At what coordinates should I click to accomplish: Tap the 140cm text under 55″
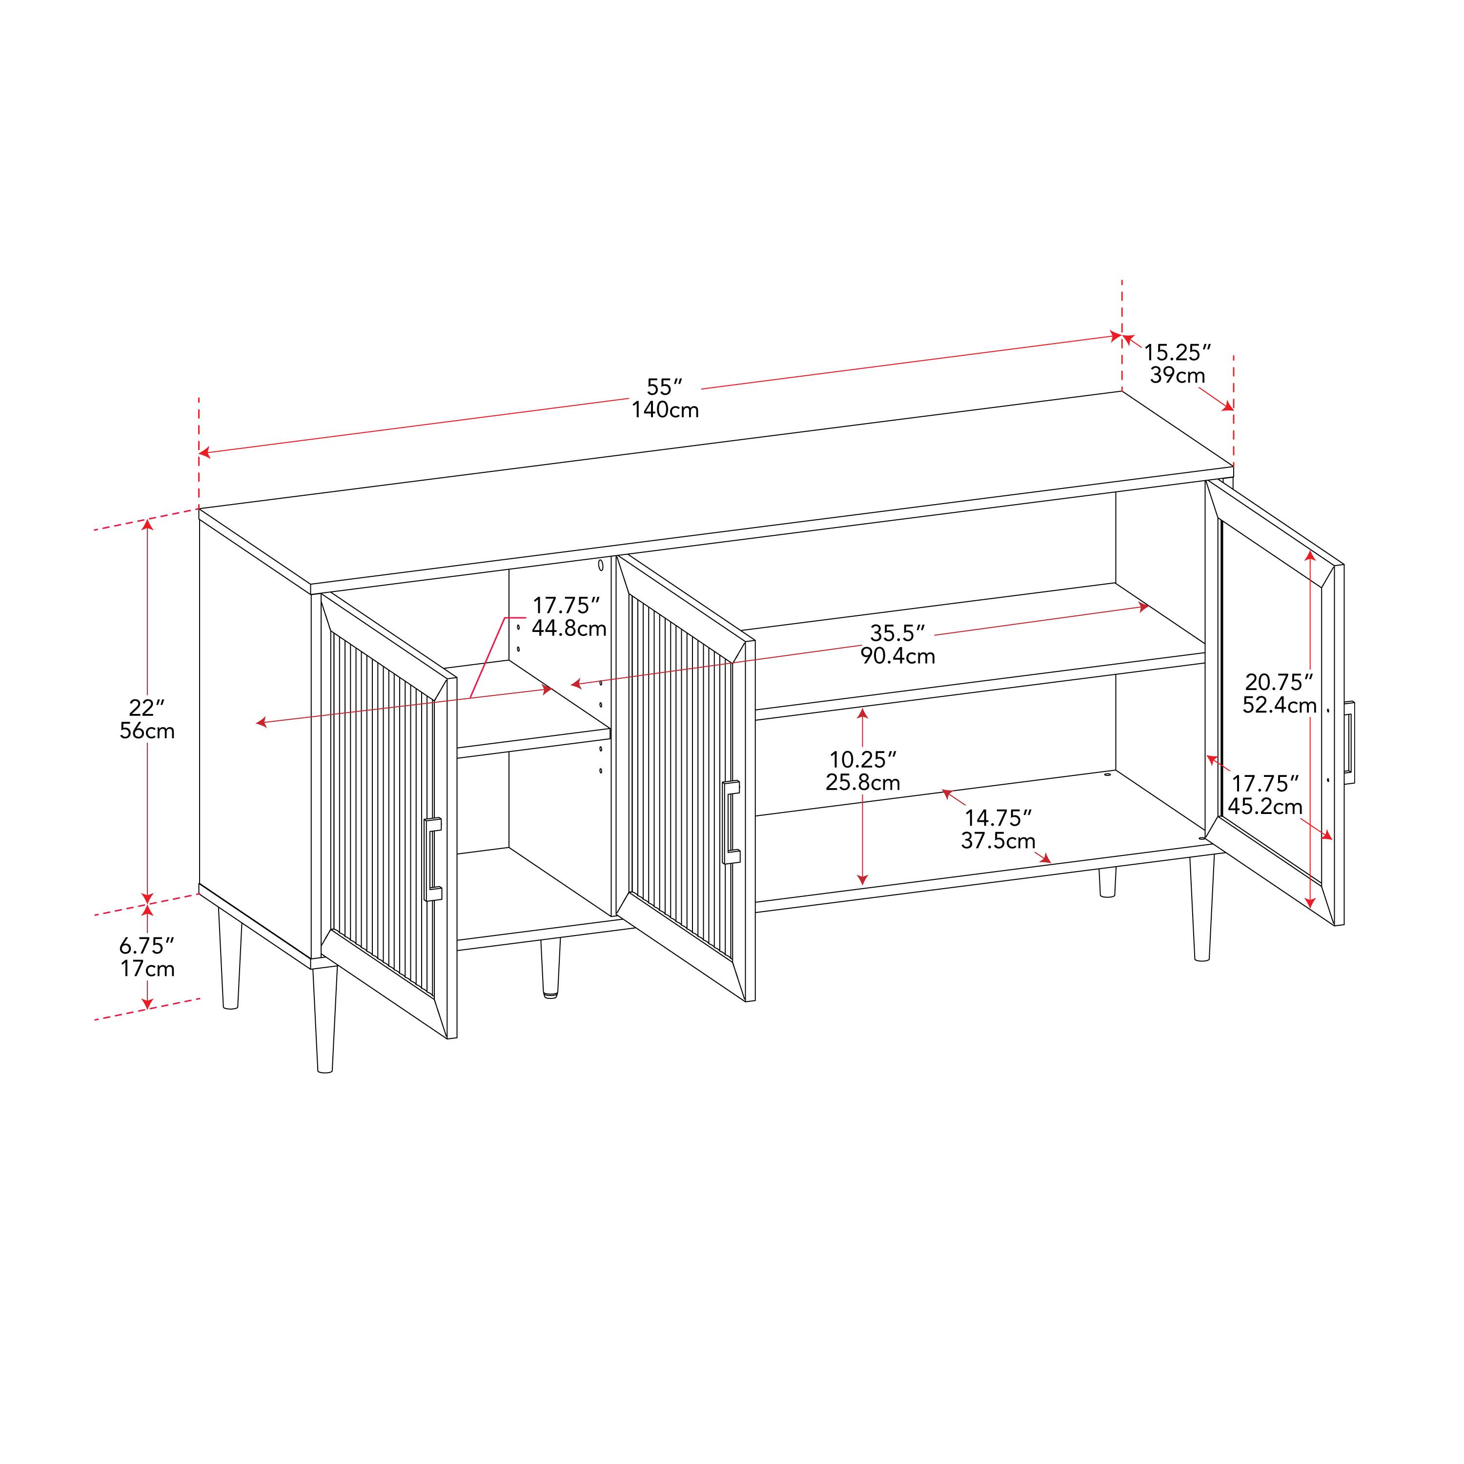(665, 410)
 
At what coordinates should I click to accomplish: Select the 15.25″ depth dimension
(1177, 352)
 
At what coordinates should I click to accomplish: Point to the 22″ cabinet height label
(146, 708)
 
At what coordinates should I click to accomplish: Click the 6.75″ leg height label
(146, 946)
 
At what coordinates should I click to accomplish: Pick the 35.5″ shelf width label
(897, 633)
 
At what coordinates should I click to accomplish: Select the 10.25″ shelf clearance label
(862, 759)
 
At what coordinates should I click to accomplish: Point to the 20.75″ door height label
(1279, 682)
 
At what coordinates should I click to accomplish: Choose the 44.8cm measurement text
(569, 628)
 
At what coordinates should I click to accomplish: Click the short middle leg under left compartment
(550, 968)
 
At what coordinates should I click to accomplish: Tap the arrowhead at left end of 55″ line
(203, 453)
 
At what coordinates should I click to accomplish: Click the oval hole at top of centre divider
(601, 565)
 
